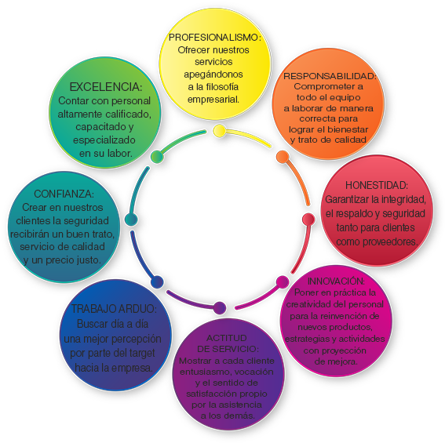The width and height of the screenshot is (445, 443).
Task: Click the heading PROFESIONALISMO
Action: point(214,38)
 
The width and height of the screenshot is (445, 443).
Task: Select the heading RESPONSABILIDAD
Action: point(330,76)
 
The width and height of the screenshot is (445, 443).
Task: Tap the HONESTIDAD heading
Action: point(376,185)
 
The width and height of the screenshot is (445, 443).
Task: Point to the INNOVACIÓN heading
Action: point(336,281)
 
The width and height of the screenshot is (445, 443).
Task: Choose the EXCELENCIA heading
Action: point(106,87)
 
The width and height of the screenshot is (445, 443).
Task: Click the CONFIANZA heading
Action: point(64,194)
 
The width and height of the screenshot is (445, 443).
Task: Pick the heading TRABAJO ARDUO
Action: point(114,309)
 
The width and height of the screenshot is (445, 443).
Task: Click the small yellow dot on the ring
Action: point(220,131)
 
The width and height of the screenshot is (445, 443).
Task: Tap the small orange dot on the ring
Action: point(283,157)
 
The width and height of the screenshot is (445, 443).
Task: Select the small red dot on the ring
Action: point(308,220)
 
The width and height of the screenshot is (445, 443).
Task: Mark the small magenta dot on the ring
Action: point(283,282)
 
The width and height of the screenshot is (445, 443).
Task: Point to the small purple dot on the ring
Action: point(220,307)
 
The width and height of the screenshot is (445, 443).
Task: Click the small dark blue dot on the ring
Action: point(157,282)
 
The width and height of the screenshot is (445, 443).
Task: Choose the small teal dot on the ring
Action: point(131,220)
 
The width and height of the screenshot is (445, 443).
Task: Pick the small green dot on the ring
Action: point(157,156)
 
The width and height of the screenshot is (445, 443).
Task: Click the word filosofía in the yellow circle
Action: point(222,86)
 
